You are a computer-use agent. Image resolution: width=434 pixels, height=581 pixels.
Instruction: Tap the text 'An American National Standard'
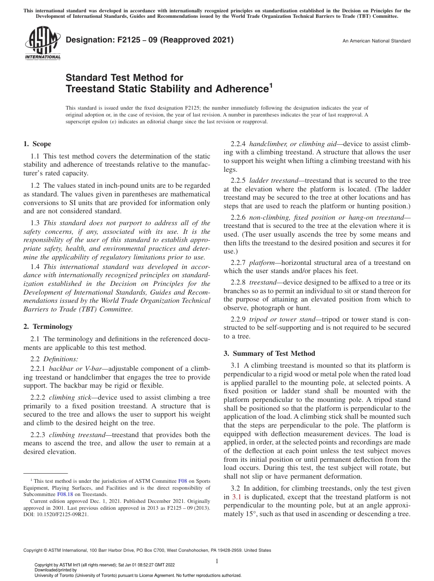coord(376,41)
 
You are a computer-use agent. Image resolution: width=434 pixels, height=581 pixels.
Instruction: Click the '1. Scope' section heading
coord(37,144)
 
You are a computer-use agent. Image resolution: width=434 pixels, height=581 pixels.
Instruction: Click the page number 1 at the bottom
coord(217,561)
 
